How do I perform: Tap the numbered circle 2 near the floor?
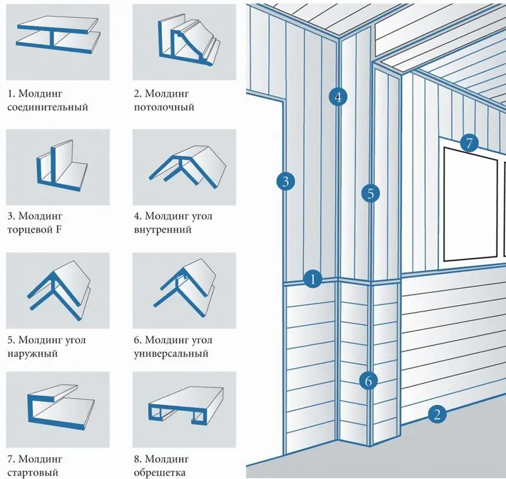point(436,415)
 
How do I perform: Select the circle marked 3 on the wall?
point(285,182)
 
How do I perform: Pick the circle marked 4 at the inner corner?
point(338,97)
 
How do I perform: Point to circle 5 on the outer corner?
point(371,193)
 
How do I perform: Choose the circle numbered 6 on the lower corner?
point(368,380)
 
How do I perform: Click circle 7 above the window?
point(468,143)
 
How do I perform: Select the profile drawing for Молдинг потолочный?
point(185,40)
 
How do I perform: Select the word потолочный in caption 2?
point(164,107)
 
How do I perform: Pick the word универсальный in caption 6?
point(171,354)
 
